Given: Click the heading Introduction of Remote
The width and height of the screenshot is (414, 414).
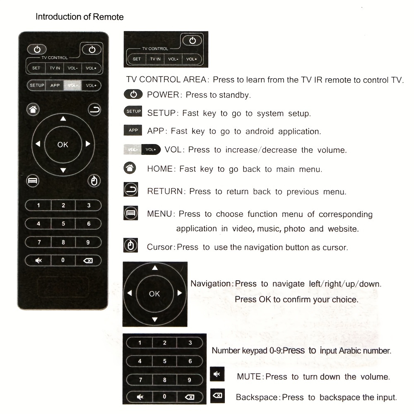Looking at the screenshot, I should [x=79, y=17].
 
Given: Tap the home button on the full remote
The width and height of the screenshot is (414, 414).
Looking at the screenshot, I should [x=33, y=110].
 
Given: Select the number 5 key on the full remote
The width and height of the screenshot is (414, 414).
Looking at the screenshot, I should [x=63, y=224].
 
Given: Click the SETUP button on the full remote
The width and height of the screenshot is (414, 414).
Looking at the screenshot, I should [x=36, y=85].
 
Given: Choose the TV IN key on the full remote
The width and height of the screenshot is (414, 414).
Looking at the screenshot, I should [x=55, y=68].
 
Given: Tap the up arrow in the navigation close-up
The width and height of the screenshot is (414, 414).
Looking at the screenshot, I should [x=155, y=268].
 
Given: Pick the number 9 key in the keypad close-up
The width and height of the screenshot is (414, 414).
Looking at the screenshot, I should [x=190, y=380].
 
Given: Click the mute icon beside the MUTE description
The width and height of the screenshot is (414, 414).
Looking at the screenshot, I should [x=216, y=374].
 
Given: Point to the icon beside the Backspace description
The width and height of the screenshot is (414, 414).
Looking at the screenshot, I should [x=217, y=395].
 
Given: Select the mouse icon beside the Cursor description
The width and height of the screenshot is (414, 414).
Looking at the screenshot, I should [x=131, y=246].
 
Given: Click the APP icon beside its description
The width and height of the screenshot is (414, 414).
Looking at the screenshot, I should [x=133, y=130].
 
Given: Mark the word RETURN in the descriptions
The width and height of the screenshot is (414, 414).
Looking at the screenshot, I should [x=165, y=191].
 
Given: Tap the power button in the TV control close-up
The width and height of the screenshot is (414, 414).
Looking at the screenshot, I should [x=192, y=41].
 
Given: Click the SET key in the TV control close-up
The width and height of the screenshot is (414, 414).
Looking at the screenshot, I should [x=137, y=59].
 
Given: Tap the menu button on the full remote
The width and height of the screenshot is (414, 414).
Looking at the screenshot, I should [x=32, y=181].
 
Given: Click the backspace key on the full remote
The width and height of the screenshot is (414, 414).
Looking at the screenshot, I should [x=88, y=260].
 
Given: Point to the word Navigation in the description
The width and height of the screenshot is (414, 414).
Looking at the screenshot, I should [x=210, y=284].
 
